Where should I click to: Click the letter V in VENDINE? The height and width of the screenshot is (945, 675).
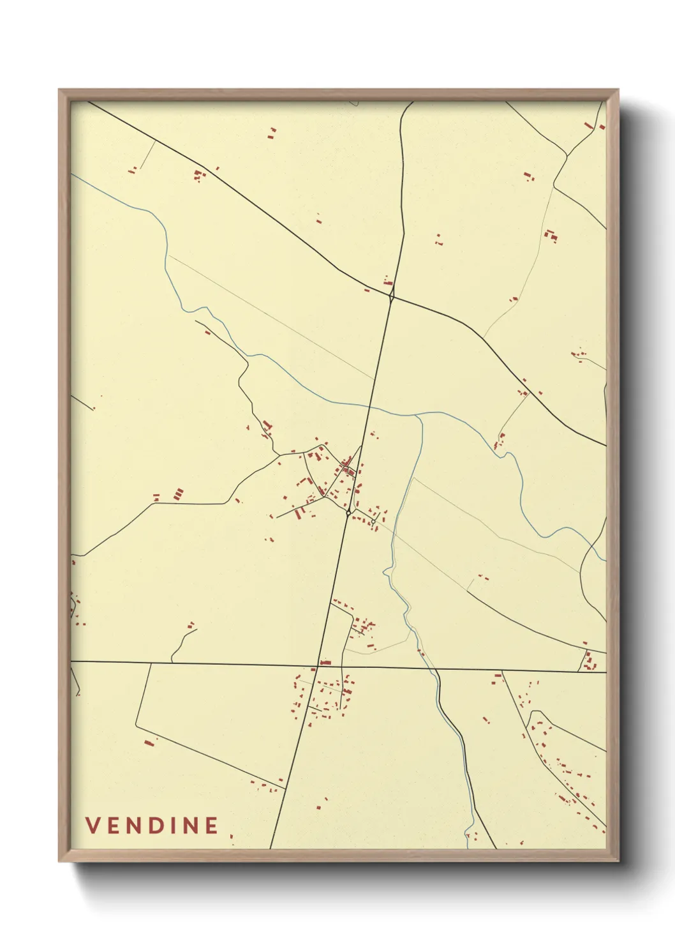(x=92, y=826)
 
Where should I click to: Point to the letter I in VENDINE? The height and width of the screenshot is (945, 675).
(x=173, y=826)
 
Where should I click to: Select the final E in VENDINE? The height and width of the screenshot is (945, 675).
(x=212, y=826)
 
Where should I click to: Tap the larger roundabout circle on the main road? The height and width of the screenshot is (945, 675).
(x=348, y=512)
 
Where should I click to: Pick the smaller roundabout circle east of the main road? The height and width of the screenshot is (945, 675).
(x=371, y=523)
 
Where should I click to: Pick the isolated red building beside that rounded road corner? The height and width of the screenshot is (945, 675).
(x=149, y=743)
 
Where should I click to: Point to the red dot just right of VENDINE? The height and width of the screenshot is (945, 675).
(x=231, y=836)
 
